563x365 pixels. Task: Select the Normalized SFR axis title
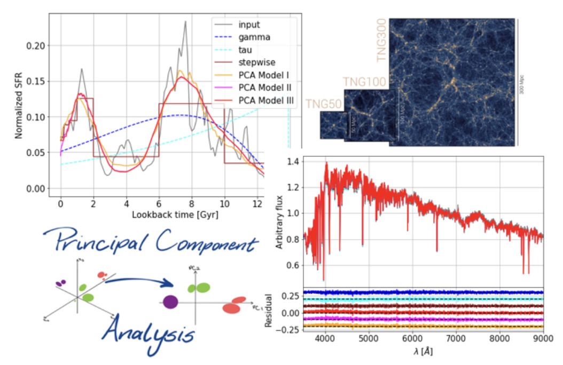(x=19, y=103)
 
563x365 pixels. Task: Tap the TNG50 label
(x=323, y=104)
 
